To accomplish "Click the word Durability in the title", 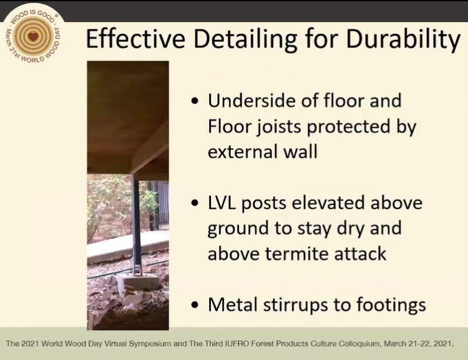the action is pyautogui.click(x=404, y=39).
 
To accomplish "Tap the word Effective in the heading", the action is pyautogui.click(x=135, y=39).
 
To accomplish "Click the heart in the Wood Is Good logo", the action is pyautogui.click(x=34, y=37).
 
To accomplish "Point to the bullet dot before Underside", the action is pyautogui.click(x=195, y=100).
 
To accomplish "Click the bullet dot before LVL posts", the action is pyautogui.click(x=195, y=203).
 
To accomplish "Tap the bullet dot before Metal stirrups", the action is pyautogui.click(x=195, y=305).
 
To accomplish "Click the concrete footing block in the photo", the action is pyautogui.click(x=138, y=281).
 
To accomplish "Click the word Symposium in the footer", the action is pyautogui.click(x=151, y=344).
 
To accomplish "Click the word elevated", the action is pyautogui.click(x=328, y=203).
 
